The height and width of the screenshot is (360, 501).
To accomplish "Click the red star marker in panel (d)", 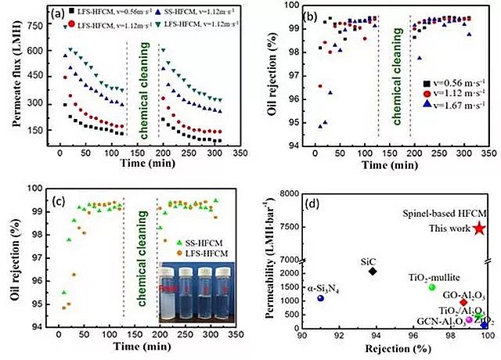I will pyautogui.click(x=479, y=229).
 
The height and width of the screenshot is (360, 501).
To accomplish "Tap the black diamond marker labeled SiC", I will pyautogui.click(x=373, y=271).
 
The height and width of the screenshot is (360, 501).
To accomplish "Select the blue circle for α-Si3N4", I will pyautogui.click(x=320, y=299).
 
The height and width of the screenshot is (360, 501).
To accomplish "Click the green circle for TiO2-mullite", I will pyautogui.click(x=431, y=287).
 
